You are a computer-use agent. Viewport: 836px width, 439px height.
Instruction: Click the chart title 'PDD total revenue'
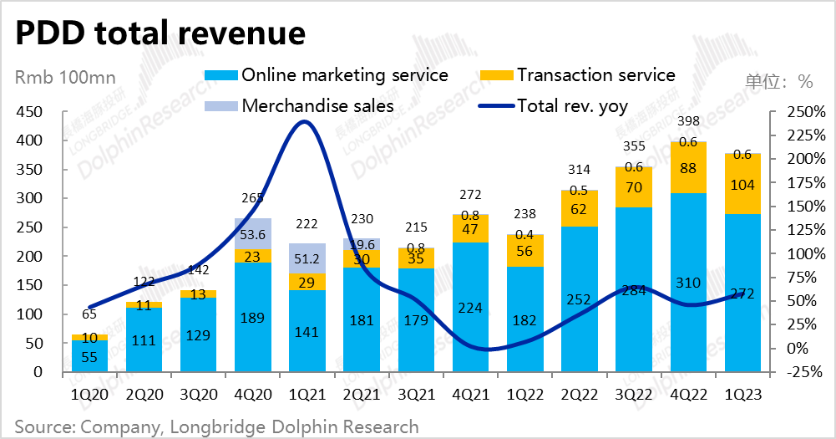160,33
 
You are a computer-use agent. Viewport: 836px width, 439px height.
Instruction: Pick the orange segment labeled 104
742,186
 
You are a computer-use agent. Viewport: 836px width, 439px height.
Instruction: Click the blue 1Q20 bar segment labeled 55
89,356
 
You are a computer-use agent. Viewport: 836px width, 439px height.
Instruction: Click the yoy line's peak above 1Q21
306,122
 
